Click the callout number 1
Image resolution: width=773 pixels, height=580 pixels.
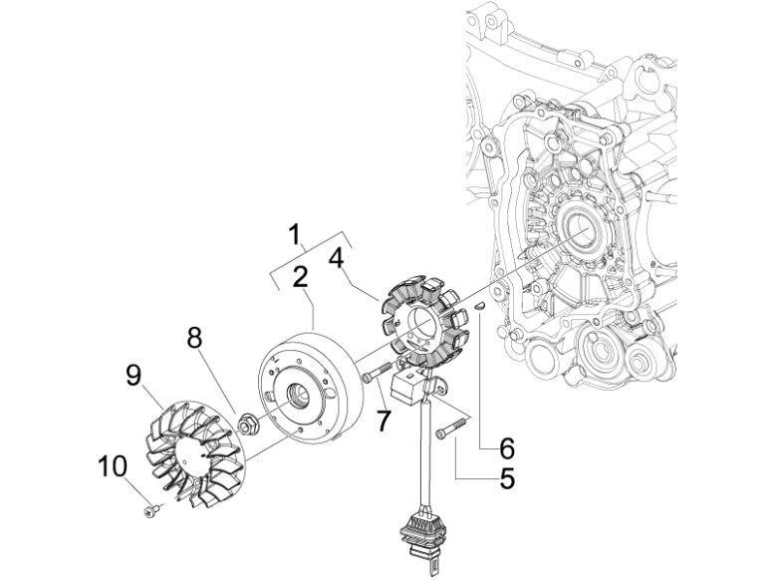pyautogui.click(x=295, y=235)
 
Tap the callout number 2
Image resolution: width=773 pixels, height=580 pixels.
pyautogui.click(x=299, y=279)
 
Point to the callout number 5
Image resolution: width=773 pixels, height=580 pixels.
pyautogui.click(x=507, y=479)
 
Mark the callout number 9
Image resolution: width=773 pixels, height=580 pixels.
pyautogui.click(x=133, y=376)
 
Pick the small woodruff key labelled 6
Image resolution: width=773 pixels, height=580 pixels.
pyautogui.click(x=476, y=307)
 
